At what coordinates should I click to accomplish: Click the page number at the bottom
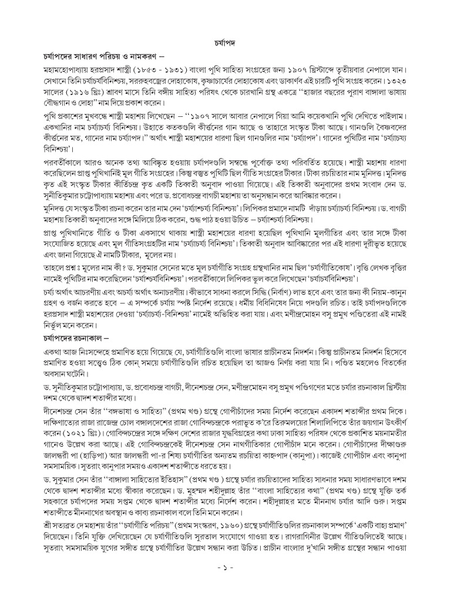pos(225,569)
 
